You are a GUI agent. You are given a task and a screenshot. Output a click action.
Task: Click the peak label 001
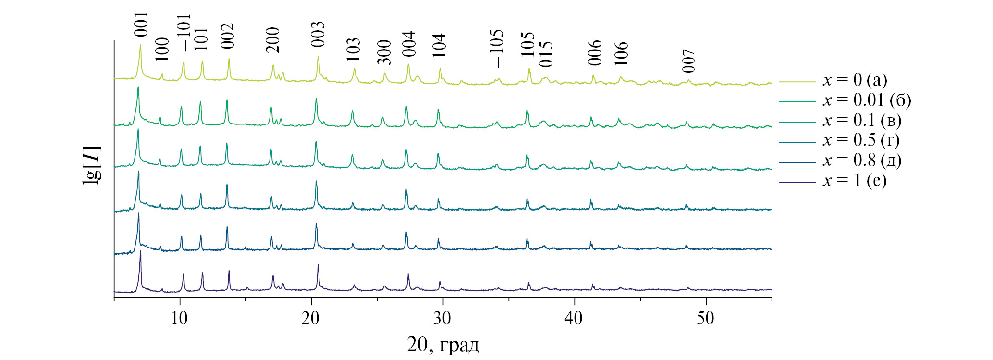tap(141, 25)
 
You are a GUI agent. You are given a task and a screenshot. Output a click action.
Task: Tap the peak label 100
tap(162, 49)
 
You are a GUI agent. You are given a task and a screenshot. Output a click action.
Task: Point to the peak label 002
tap(227, 36)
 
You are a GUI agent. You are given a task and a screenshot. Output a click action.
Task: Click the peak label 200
tap(272, 40)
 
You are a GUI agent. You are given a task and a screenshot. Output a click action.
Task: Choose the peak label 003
tap(318, 34)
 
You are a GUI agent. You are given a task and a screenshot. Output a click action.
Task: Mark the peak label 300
tap(384, 52)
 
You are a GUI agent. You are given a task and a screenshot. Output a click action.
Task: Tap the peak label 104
tap(439, 46)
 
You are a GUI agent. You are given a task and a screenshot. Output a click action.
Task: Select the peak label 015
tap(546, 54)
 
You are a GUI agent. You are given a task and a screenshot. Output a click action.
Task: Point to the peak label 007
tap(688, 61)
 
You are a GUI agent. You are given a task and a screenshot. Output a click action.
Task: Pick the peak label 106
tap(621, 53)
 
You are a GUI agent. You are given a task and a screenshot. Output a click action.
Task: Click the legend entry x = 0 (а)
tap(855, 80)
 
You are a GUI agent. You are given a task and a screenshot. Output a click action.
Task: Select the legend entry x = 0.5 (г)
tap(861, 140)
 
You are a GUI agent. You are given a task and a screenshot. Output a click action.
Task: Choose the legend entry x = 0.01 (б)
tap(867, 100)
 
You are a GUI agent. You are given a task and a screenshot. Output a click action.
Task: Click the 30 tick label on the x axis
tap(442, 318)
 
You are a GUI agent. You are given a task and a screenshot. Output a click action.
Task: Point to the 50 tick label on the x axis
tap(706, 318)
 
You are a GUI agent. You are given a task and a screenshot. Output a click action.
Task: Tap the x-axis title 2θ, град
tap(443, 345)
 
